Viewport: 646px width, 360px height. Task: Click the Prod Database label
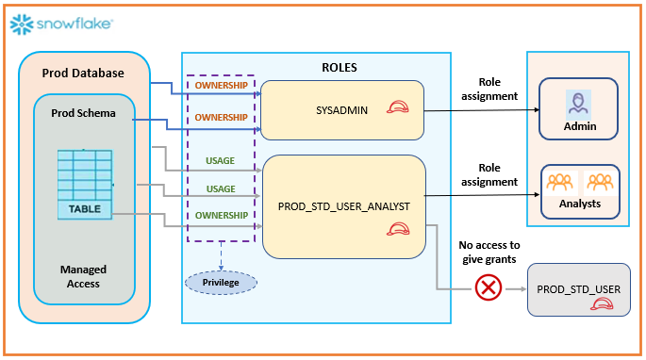pos(83,74)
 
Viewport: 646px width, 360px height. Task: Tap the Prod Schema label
pos(84,113)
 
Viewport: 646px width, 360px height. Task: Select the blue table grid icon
pos(85,173)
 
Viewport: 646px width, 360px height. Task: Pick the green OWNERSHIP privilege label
pos(221,215)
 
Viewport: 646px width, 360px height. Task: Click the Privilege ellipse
pos(220,281)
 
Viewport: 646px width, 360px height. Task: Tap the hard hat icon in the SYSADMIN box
pos(397,107)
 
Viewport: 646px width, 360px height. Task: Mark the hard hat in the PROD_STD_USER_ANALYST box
pos(400,229)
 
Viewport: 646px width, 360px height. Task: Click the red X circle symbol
pos(488,287)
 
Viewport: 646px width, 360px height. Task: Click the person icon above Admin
pos(579,102)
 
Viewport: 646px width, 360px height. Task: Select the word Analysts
pos(578,203)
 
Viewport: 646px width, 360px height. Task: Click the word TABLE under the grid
pos(85,208)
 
